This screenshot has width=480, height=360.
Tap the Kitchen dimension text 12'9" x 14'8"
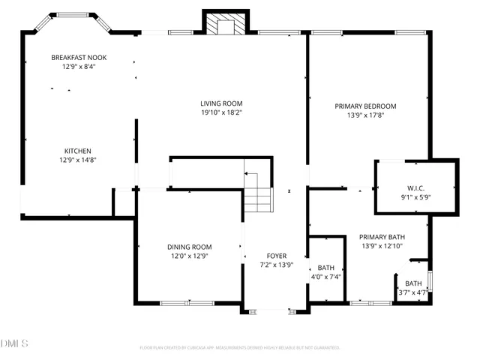(x=78, y=160)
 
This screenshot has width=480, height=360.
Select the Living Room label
(x=221, y=103)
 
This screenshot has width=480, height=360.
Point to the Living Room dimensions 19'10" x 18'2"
(x=221, y=113)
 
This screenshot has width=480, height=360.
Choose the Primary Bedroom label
(x=365, y=106)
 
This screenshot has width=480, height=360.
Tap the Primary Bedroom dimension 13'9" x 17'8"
(x=365, y=115)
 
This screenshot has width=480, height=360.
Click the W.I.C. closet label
(x=416, y=188)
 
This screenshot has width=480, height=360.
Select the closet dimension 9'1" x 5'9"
(x=416, y=197)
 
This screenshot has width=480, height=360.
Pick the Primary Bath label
(x=382, y=236)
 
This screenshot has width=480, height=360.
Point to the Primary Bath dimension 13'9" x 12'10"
(x=382, y=246)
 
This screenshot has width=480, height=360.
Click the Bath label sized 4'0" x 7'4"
(x=325, y=268)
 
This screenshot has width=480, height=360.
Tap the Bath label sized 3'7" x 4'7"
(x=413, y=283)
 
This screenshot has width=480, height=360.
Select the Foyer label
(x=272, y=256)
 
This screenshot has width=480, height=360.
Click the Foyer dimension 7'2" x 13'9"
(x=272, y=265)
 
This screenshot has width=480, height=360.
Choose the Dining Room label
(x=189, y=247)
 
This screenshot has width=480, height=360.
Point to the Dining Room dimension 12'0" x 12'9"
(x=189, y=256)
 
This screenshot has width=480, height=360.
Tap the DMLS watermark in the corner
(x=14, y=343)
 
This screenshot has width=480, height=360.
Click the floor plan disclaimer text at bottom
(x=240, y=348)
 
